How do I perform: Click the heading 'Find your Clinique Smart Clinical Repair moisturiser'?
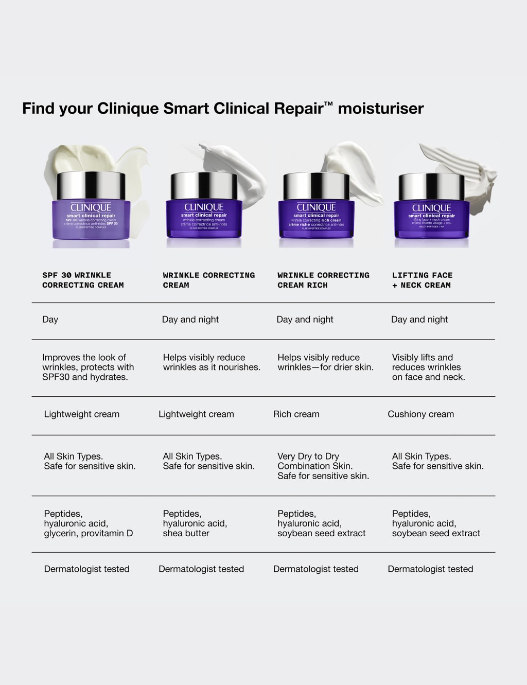[222, 109]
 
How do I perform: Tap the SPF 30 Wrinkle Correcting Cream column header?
[83, 280]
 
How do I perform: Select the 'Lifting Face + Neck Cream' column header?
[422, 280]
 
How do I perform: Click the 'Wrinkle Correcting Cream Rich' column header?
[323, 280]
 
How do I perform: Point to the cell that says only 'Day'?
[50, 320]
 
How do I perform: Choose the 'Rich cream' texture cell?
[296, 414]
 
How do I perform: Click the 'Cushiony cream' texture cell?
[420, 414]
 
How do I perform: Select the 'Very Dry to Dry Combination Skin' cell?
[323, 466]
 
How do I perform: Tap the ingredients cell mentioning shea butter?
[195, 523]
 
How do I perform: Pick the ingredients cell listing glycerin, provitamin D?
[88, 523]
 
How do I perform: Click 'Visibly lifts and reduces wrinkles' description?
[428, 367]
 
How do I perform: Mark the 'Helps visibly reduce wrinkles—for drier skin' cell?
[325, 362]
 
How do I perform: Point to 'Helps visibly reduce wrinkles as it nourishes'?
[212, 362]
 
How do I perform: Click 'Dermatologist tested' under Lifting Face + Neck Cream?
[430, 569]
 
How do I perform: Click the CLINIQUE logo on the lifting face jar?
[431, 208]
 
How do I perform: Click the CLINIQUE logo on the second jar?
[204, 207]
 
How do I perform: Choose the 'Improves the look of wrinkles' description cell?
[88, 367]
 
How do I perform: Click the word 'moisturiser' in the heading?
[381, 109]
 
